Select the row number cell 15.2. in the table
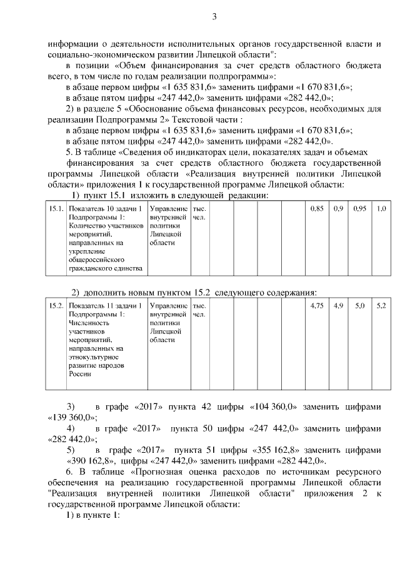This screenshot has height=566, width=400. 56,306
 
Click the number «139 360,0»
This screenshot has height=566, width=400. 71,417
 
